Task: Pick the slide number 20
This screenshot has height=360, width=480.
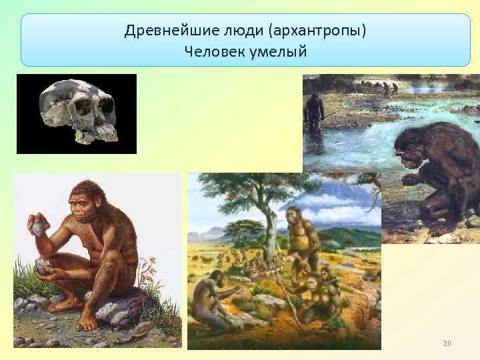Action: click(x=447, y=343)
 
